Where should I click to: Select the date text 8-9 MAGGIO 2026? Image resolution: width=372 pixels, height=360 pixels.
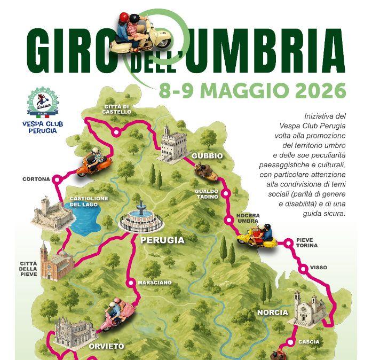(x=252, y=89)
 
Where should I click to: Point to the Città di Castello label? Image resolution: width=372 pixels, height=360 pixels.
(x=117, y=109)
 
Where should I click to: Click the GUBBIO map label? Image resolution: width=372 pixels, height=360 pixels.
(x=208, y=155)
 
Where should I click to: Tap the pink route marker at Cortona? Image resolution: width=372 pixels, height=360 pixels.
(x=57, y=179)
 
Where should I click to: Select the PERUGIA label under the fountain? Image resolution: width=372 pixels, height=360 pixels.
(x=162, y=240)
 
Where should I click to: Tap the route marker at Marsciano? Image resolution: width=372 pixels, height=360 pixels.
(x=130, y=283)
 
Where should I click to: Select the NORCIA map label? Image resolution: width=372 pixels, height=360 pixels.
(x=272, y=312)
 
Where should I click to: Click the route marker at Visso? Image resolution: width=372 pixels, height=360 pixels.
(x=303, y=268)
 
